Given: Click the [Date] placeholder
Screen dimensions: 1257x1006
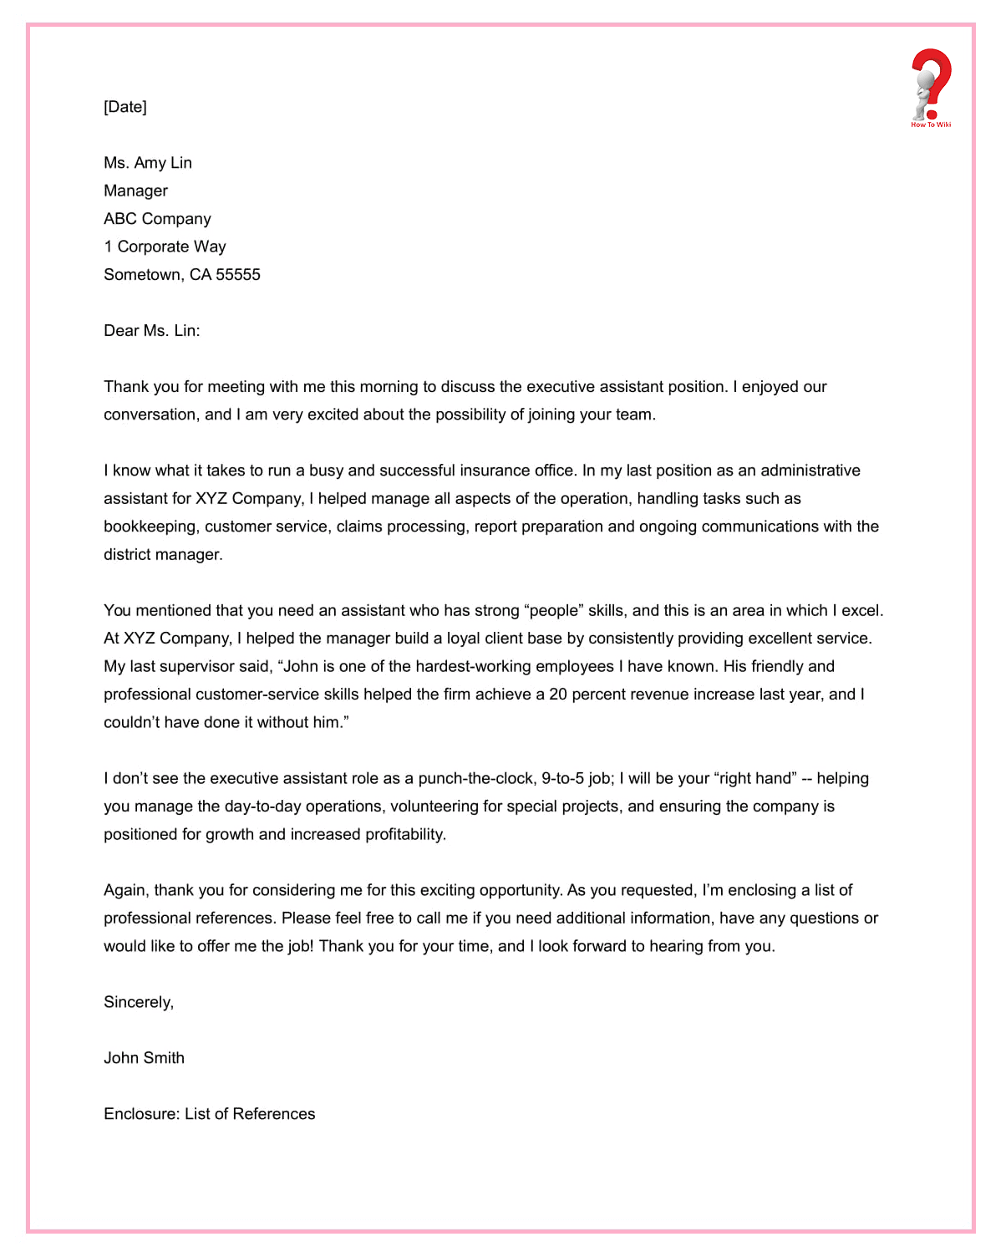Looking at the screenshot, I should point(125,107).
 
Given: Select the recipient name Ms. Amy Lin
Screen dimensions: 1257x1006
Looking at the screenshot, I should point(148,163).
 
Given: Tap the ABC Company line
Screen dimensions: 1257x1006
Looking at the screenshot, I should point(157,219).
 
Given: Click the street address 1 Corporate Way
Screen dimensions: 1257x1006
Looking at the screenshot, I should point(165,247).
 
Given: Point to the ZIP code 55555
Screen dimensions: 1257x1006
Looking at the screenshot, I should point(238,275).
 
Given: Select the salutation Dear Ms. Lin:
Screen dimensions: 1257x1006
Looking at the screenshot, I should point(151,331).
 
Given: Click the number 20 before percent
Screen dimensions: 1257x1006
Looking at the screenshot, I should point(558,695).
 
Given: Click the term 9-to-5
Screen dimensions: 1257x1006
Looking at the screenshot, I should point(562,779).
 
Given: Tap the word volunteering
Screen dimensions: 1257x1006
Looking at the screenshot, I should point(434,807).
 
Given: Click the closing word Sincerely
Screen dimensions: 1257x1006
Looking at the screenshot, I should point(138,1002).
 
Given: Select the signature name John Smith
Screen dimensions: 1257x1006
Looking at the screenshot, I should point(144,1058).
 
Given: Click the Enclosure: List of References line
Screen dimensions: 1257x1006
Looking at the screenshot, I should point(209,1114).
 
